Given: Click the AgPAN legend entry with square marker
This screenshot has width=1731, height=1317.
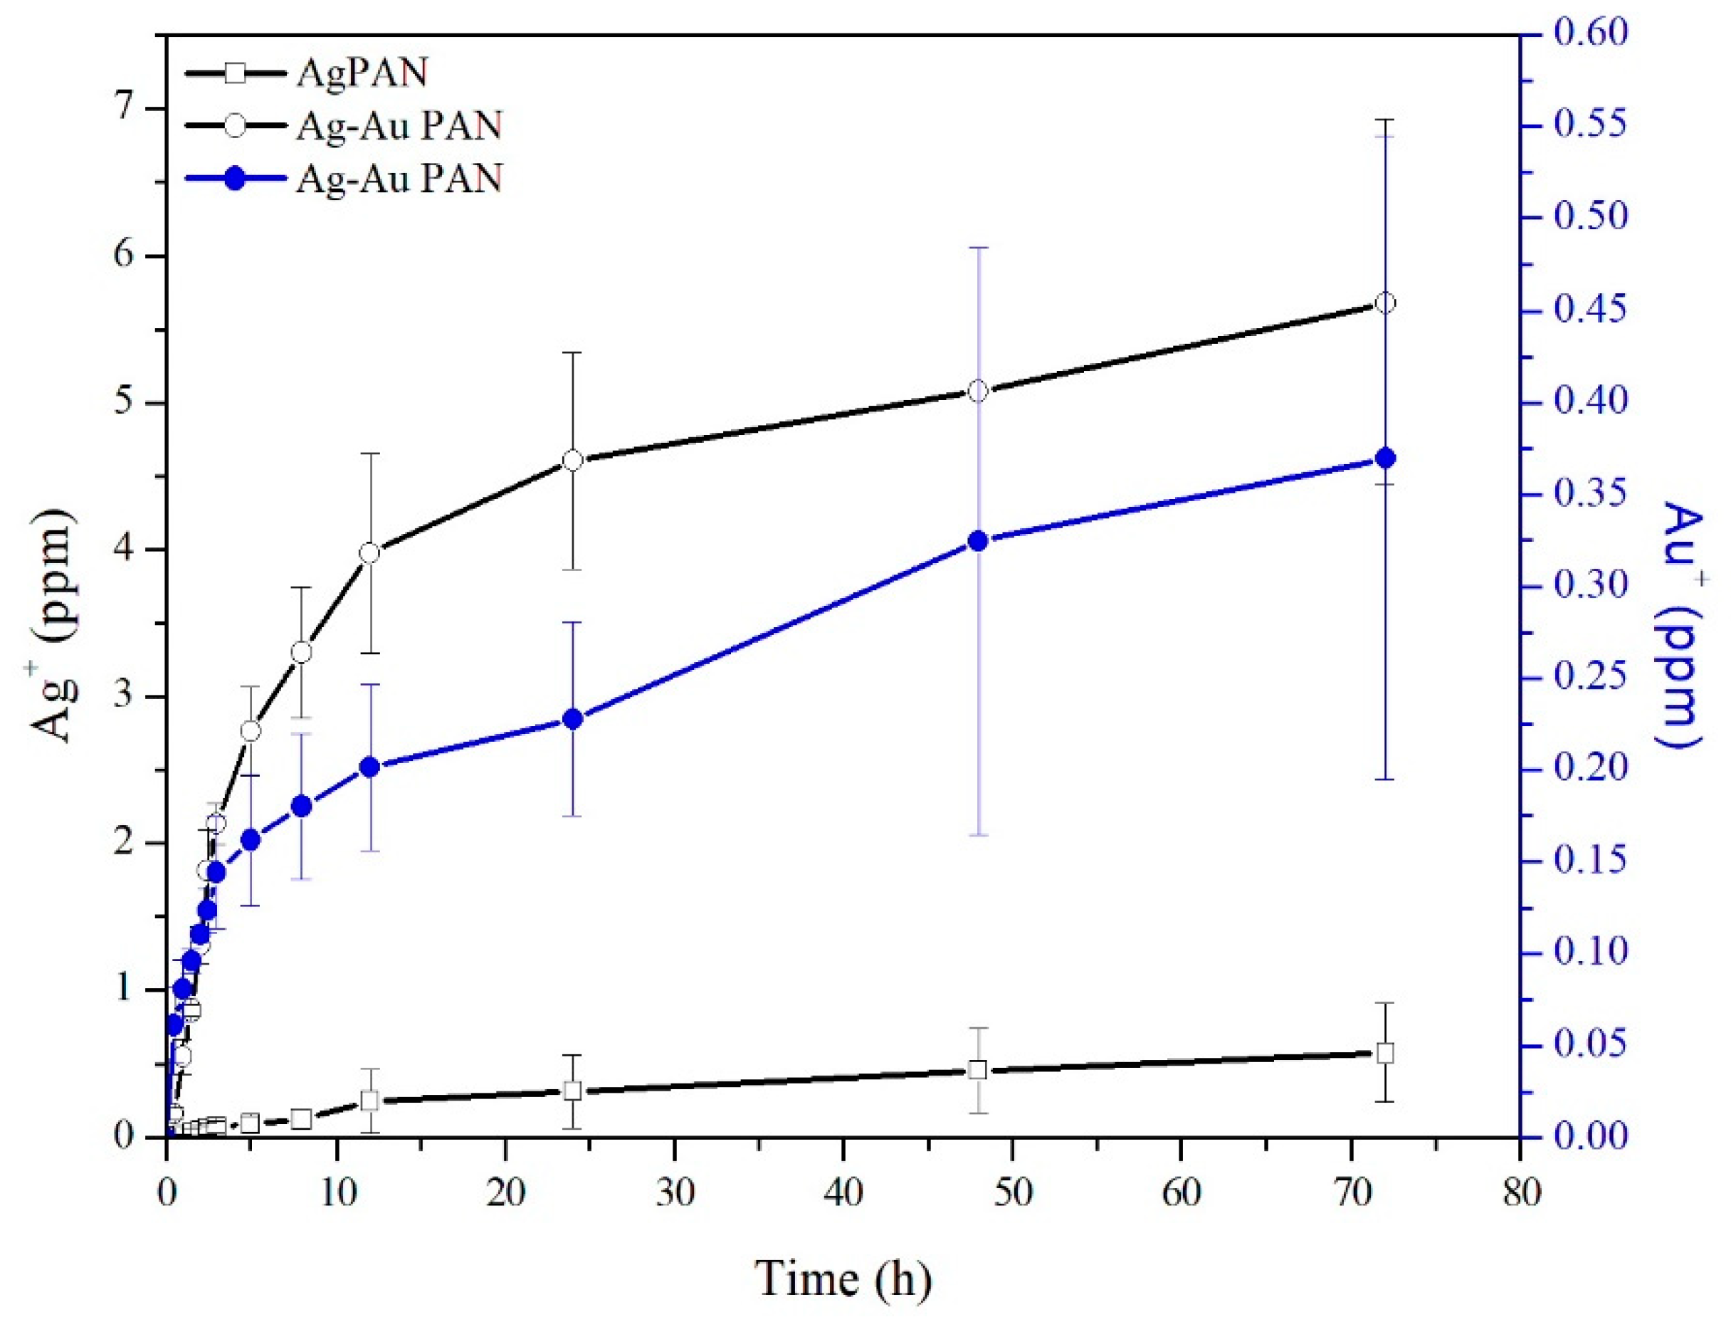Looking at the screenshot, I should click(305, 75).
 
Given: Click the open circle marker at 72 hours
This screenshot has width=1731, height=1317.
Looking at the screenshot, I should click(1384, 303).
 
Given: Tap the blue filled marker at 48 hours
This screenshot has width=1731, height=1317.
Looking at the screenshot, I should click(977, 540).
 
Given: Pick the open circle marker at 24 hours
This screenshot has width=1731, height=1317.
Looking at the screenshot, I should click(573, 460).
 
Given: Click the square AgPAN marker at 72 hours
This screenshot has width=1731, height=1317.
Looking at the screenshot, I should click(1384, 1053).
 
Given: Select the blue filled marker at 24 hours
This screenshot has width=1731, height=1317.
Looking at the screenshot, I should click(573, 719).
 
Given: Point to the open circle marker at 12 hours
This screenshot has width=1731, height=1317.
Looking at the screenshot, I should click(370, 552).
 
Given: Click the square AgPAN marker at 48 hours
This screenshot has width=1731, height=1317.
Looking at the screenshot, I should click(977, 1069).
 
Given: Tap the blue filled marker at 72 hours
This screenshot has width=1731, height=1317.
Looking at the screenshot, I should click(1384, 458).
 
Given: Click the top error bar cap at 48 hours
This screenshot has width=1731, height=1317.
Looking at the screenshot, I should click(977, 248).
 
